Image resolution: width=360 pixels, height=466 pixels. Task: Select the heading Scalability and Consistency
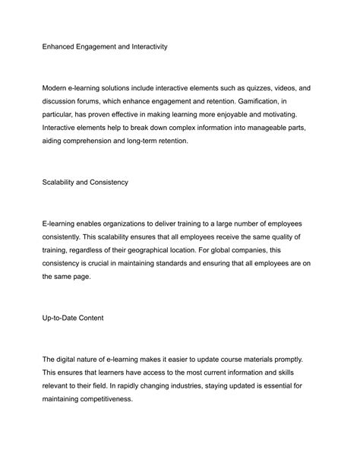tap(85, 182)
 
